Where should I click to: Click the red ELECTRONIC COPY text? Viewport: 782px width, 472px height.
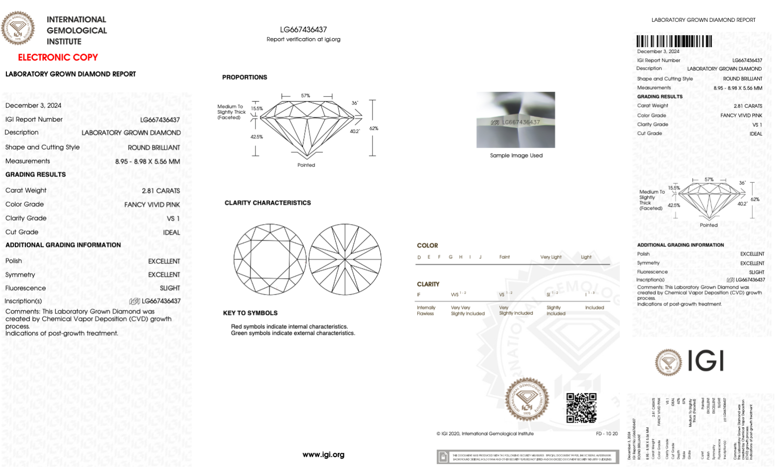click(x=58, y=57)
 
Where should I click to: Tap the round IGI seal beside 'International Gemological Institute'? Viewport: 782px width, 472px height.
click(x=18, y=28)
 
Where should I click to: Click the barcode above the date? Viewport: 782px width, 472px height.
click(x=674, y=41)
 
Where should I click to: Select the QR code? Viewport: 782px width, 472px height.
click(x=581, y=407)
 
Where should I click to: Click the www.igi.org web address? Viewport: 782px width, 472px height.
click(x=323, y=455)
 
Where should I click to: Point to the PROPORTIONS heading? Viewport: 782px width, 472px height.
click(x=244, y=78)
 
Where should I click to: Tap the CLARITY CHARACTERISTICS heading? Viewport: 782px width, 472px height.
click(x=267, y=203)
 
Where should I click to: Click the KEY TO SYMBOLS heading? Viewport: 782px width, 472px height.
click(x=250, y=313)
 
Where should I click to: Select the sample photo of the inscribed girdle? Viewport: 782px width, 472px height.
click(x=516, y=120)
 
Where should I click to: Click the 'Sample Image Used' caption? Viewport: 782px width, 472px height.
click(x=516, y=156)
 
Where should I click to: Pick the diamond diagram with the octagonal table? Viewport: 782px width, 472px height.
click(x=270, y=259)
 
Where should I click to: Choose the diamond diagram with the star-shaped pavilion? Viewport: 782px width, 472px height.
click(x=345, y=259)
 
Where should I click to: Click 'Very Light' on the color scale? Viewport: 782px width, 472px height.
click(x=550, y=257)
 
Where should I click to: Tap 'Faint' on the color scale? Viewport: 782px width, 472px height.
click(x=504, y=257)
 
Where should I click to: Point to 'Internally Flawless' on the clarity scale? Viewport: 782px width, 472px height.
click(x=425, y=311)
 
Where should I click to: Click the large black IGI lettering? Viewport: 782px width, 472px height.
click(x=705, y=361)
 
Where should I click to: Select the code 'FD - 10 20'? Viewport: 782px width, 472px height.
click(x=607, y=434)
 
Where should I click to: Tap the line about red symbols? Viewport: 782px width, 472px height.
click(x=289, y=326)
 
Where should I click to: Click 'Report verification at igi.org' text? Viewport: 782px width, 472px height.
click(x=303, y=39)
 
